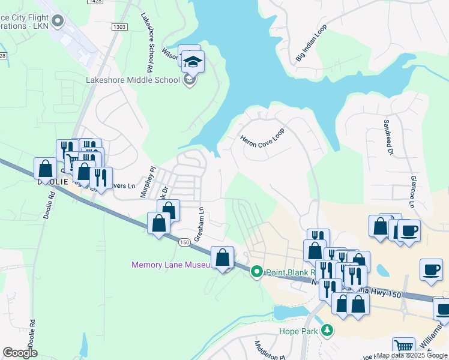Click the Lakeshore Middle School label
133,80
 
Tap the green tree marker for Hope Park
327,330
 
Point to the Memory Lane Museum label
170,265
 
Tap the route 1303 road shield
119,27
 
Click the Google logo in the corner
20,353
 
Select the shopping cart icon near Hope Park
403,347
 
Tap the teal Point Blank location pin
257,272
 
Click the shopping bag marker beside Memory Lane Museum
223,257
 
